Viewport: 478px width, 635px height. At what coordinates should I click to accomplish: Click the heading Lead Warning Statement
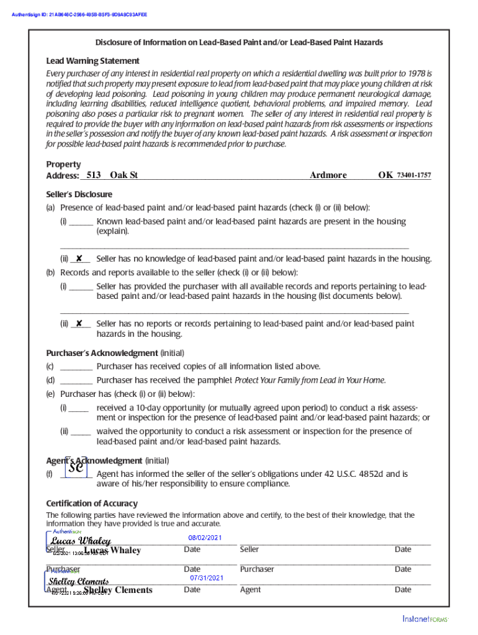click(92, 61)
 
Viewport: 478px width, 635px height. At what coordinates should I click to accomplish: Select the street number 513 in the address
click(93, 175)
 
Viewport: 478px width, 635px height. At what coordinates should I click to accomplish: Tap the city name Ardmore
click(328, 175)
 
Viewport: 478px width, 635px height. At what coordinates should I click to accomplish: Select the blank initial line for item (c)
click(77, 366)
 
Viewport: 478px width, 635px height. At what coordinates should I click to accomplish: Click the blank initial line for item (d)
click(77, 380)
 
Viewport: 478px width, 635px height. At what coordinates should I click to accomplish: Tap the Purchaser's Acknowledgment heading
click(102, 353)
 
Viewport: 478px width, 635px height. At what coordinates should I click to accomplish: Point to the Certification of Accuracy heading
click(92, 503)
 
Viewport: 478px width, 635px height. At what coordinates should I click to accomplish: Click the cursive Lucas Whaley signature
click(80, 541)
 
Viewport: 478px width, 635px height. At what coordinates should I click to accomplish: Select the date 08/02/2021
click(204, 538)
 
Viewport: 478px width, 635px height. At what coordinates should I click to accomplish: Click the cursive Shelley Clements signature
click(79, 581)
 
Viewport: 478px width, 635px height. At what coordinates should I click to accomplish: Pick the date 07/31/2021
click(206, 578)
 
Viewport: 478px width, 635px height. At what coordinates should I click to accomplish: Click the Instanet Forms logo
click(425, 618)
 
